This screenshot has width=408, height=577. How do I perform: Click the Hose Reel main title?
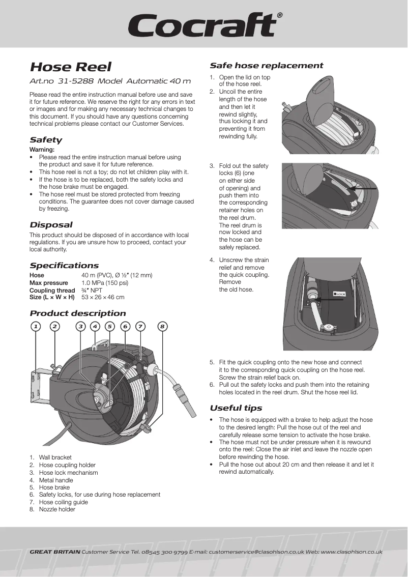[70, 67]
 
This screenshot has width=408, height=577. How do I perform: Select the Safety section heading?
[46, 140]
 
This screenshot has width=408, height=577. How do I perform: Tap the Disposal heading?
[51, 225]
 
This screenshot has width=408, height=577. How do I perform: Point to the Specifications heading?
[64, 266]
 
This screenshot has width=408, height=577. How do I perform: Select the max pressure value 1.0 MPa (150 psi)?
[105, 283]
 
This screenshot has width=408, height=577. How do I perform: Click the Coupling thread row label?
[52, 290]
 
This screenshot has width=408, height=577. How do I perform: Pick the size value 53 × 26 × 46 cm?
[103, 297]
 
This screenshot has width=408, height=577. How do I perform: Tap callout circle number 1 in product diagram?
[35, 326]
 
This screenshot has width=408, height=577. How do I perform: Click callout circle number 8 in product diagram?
[162, 326]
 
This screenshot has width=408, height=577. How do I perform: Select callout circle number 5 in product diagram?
[110, 326]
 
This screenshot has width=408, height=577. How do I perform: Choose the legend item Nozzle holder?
[57, 509]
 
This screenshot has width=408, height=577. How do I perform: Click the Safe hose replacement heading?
[266, 66]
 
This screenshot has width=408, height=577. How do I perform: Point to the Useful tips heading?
[236, 408]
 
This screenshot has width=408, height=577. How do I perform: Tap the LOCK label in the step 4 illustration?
[339, 294]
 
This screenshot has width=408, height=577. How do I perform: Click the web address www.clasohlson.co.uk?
[352, 552]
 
